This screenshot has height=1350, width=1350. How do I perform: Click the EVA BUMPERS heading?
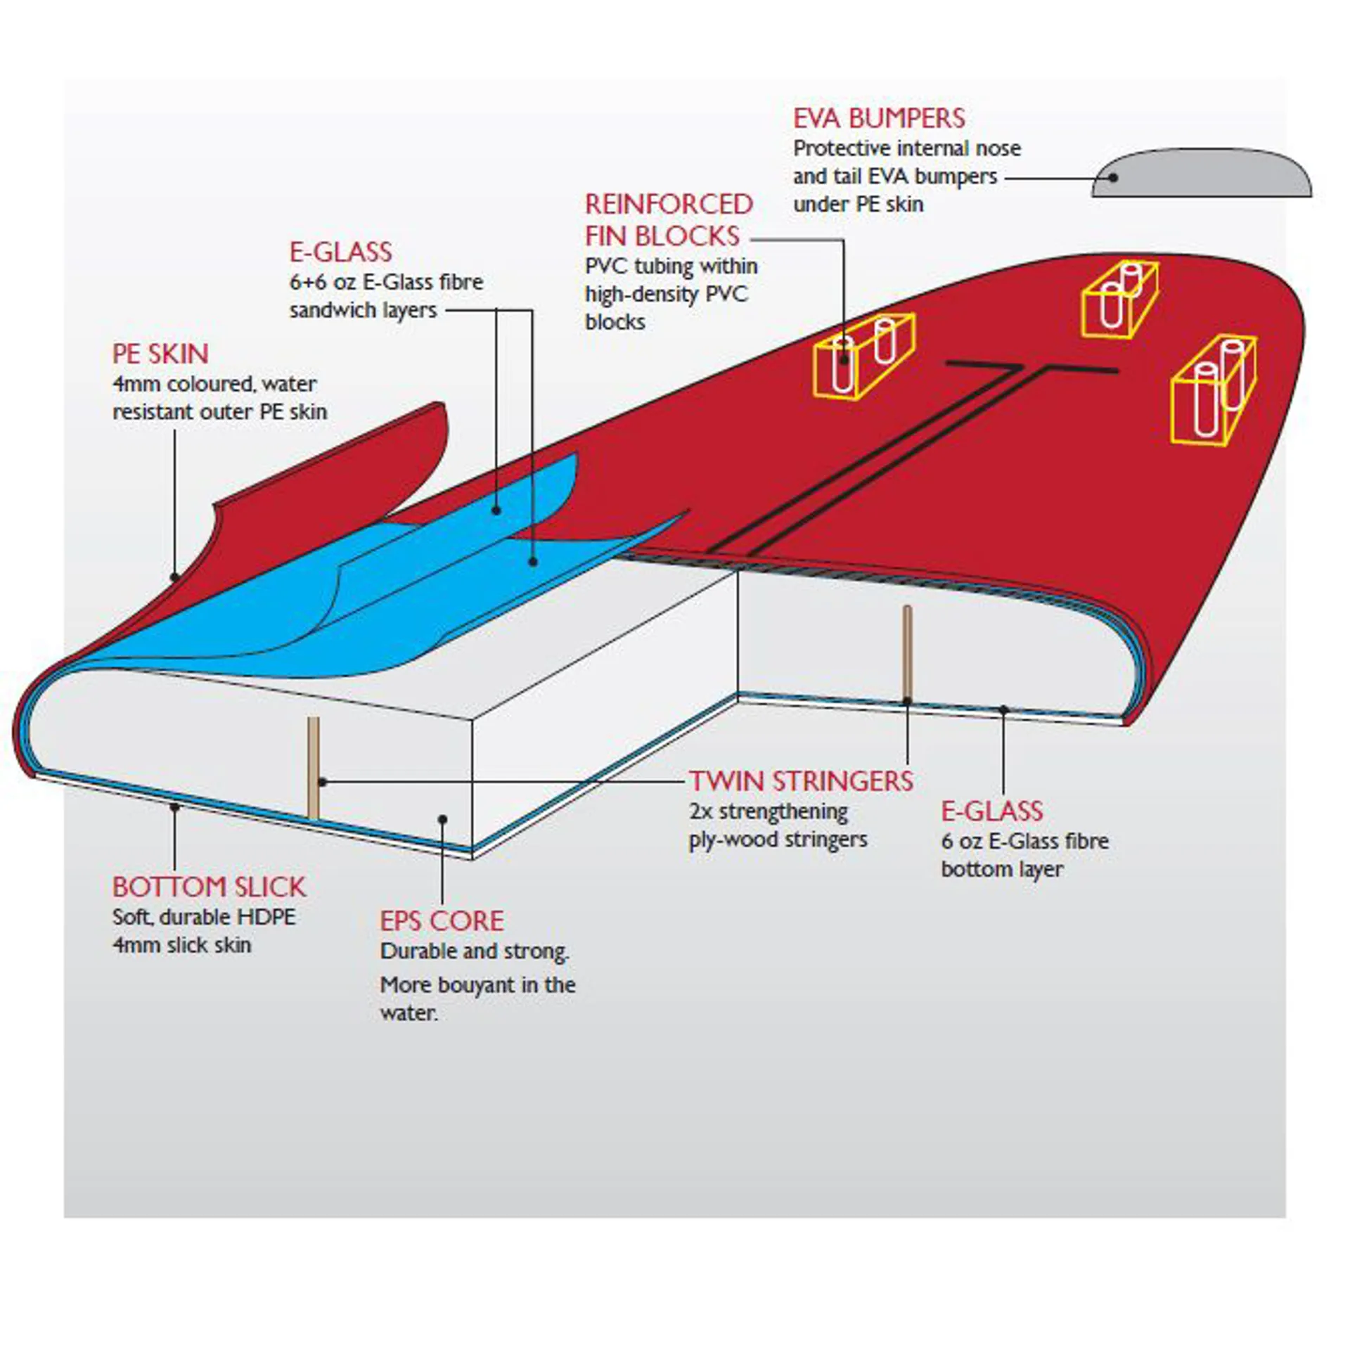click(879, 118)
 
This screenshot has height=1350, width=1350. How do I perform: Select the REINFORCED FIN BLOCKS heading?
click(669, 220)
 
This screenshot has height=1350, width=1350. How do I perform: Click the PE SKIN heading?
click(160, 354)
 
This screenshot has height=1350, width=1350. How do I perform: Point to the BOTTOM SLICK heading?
click(209, 887)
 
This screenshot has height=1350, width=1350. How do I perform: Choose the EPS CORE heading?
click(442, 921)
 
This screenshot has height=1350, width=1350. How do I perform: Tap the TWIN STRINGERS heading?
click(801, 781)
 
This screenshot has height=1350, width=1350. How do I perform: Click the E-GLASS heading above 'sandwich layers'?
click(341, 252)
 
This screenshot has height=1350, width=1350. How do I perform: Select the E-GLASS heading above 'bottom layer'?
click(992, 811)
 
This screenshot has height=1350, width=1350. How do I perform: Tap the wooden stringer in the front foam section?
click(314, 767)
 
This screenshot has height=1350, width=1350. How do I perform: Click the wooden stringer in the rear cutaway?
click(907, 654)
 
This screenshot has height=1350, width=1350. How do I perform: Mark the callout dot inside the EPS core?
click(442, 819)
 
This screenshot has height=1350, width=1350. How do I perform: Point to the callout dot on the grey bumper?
click(1113, 178)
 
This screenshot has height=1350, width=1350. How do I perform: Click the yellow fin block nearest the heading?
click(864, 356)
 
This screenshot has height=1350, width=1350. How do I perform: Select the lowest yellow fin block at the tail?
click(1214, 391)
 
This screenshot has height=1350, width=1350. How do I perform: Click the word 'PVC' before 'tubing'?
click(606, 266)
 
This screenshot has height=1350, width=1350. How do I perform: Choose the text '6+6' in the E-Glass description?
click(309, 282)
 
